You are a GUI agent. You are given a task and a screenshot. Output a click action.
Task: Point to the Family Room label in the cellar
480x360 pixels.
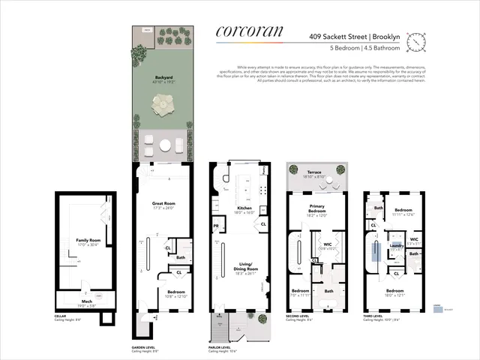pyautogui.click(x=88, y=241)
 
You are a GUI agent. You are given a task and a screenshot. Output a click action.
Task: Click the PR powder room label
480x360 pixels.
pyautogui.click(x=216, y=226)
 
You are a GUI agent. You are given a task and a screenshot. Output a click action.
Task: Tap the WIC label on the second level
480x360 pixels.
pyautogui.click(x=327, y=244)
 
